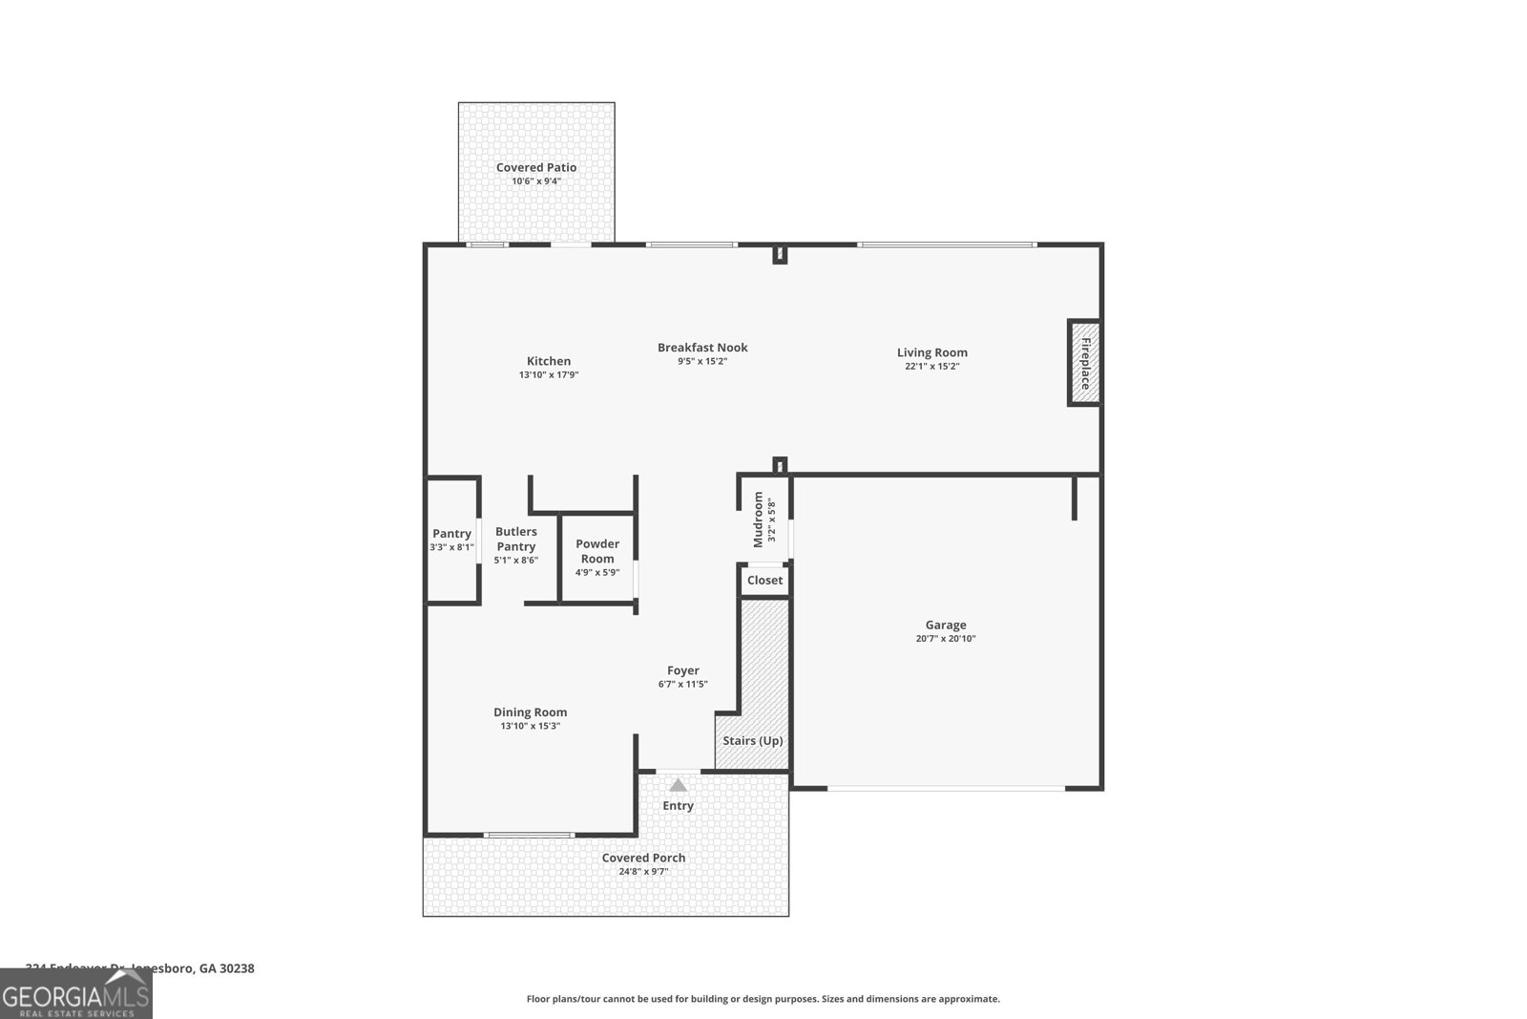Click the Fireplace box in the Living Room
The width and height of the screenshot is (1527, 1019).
1084,363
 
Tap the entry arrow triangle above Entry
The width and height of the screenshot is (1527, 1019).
678,785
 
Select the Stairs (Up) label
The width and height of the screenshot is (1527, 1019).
752,740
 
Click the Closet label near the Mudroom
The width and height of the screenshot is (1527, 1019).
764,580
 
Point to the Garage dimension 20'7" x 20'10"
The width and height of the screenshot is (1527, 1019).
945,639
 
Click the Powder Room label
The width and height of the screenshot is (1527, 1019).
597,551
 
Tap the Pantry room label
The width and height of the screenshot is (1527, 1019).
451,534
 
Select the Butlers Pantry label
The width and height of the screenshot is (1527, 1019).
515,539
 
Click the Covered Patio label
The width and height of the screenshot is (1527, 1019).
536,167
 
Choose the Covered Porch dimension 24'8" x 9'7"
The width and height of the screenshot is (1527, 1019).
644,871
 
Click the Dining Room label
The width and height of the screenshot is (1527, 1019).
530,711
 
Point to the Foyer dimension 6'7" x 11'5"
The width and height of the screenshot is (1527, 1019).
682,684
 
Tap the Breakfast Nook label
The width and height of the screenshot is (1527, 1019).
702,348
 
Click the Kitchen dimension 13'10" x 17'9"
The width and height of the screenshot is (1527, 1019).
549,375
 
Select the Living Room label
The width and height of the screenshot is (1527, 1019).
931,352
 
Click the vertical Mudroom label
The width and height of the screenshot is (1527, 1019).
759,520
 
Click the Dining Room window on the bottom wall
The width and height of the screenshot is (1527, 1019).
529,835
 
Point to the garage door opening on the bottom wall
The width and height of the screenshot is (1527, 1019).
945,788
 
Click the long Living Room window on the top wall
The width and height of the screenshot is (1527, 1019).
946,245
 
